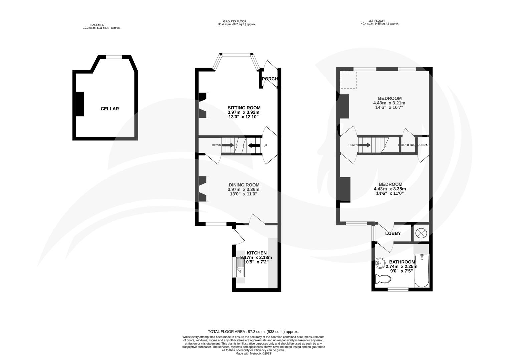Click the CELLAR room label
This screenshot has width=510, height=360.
coord(110,109)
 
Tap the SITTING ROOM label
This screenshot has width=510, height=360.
coord(244,108)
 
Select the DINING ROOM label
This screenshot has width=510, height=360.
coord(244,185)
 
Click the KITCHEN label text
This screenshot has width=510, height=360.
coord(256,253)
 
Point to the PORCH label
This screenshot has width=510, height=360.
coord(270,79)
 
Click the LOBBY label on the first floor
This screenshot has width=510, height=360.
coord(393,233)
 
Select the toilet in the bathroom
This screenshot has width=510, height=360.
coord(381,279)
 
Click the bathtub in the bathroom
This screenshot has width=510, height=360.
coord(421,271)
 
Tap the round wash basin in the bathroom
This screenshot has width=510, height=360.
coord(380,264)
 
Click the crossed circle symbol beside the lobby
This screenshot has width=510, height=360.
coord(421,233)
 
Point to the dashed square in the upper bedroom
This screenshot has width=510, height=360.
coord(348,80)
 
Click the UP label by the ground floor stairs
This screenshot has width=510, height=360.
coord(265,145)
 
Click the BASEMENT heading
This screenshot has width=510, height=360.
coord(98,25)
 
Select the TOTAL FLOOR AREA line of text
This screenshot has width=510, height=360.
coord(253,332)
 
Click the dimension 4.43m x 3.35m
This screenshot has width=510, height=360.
coord(390,189)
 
